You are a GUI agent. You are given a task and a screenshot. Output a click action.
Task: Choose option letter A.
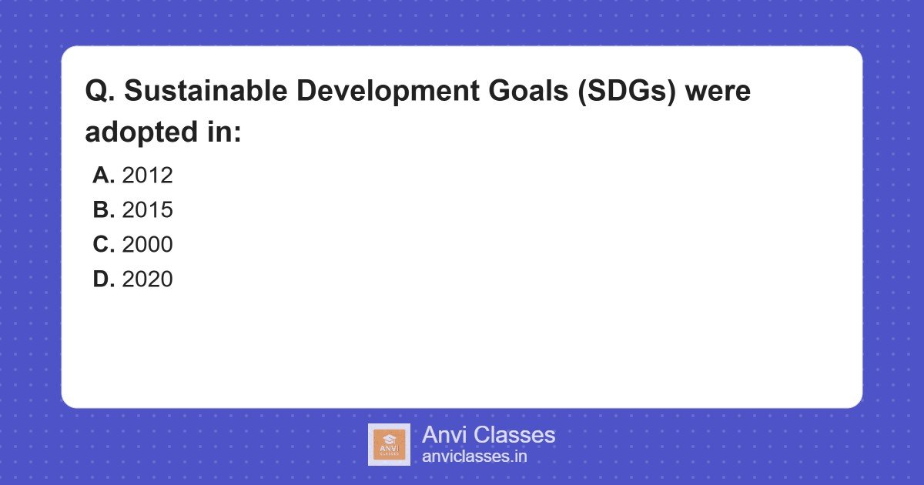click(103, 176)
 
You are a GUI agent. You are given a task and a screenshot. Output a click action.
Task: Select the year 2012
click(147, 176)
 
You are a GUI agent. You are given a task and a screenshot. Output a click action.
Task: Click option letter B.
click(103, 210)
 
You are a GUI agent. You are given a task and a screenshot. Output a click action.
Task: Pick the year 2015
click(147, 210)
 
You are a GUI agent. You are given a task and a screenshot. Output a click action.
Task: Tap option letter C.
click(103, 245)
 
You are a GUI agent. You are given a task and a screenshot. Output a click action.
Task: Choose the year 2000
click(147, 245)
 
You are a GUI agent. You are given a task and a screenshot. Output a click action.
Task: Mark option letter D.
click(103, 279)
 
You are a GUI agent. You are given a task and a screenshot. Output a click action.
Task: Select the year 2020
click(147, 279)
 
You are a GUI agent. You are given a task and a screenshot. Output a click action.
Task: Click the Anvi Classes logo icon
click(389, 444)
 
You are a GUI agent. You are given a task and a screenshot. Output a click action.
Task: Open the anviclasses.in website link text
click(474, 457)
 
